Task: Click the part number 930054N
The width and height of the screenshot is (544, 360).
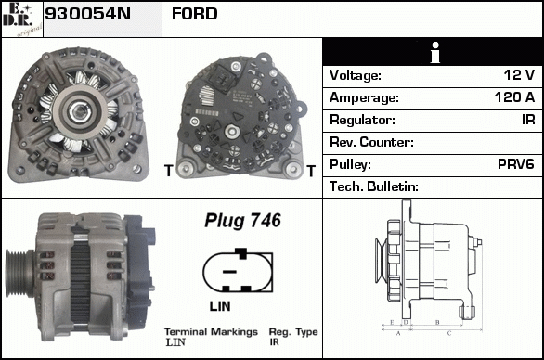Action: click(x=87, y=14)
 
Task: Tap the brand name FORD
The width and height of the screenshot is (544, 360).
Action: click(x=195, y=14)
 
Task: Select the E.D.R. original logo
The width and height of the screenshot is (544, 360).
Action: click(x=22, y=19)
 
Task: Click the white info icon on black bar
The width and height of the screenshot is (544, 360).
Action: click(x=435, y=52)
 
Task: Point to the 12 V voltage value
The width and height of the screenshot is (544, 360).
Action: click(x=519, y=74)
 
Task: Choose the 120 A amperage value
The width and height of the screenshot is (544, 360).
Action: click(x=514, y=97)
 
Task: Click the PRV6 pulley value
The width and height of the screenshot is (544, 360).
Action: click(x=516, y=164)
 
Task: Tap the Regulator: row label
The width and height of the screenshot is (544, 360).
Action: click(x=362, y=120)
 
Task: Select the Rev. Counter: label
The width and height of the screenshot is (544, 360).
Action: click(x=371, y=142)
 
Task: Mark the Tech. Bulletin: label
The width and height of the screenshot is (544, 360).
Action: click(x=374, y=186)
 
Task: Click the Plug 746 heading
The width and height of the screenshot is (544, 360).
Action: click(x=242, y=220)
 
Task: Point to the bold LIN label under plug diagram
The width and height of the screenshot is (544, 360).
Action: click(x=220, y=306)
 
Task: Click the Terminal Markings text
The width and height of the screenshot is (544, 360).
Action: click(x=211, y=332)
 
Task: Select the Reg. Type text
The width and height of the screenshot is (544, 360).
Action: click(x=293, y=332)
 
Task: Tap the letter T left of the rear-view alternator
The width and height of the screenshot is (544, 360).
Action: click(x=169, y=171)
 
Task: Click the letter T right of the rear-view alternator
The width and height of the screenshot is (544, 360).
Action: click(x=311, y=171)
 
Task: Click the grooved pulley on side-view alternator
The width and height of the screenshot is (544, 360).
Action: click(x=19, y=273)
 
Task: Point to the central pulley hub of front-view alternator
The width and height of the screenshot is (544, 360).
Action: click(x=80, y=111)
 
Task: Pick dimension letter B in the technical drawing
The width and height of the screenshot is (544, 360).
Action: click(x=437, y=322)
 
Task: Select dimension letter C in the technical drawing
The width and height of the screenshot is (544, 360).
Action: click(x=449, y=333)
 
